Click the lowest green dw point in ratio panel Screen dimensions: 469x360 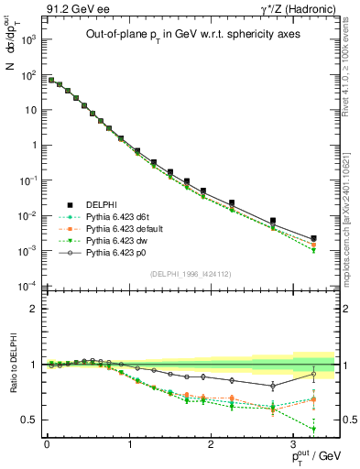(313, 429)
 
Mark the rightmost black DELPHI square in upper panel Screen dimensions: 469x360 (313, 238)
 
